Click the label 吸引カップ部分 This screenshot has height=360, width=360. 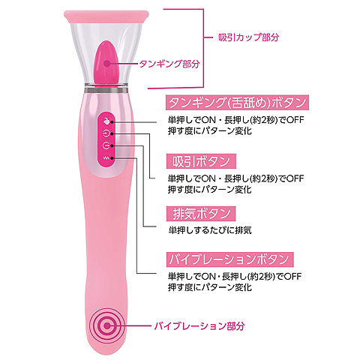click(x=248, y=37)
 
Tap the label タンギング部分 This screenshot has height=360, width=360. click(x=169, y=64)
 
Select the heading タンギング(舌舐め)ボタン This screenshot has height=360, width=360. click(x=237, y=103)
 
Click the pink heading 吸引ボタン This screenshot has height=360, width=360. click(x=201, y=161)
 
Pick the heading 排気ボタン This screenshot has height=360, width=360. click(x=201, y=214)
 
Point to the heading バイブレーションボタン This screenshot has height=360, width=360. click(x=230, y=259)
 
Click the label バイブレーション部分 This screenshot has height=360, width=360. click(x=199, y=326)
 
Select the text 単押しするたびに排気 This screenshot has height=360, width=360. click(x=210, y=230)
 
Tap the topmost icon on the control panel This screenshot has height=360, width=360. click(x=106, y=121)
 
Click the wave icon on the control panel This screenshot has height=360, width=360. click(x=106, y=157)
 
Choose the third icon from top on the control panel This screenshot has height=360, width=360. click(x=106, y=145)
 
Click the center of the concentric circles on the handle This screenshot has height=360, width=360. click(x=107, y=325)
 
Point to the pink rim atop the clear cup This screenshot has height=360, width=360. click(x=106, y=16)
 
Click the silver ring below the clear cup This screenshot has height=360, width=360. click(x=106, y=90)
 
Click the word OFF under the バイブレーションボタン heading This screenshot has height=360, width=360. click(x=292, y=277)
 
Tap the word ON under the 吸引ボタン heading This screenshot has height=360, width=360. click(x=208, y=178)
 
